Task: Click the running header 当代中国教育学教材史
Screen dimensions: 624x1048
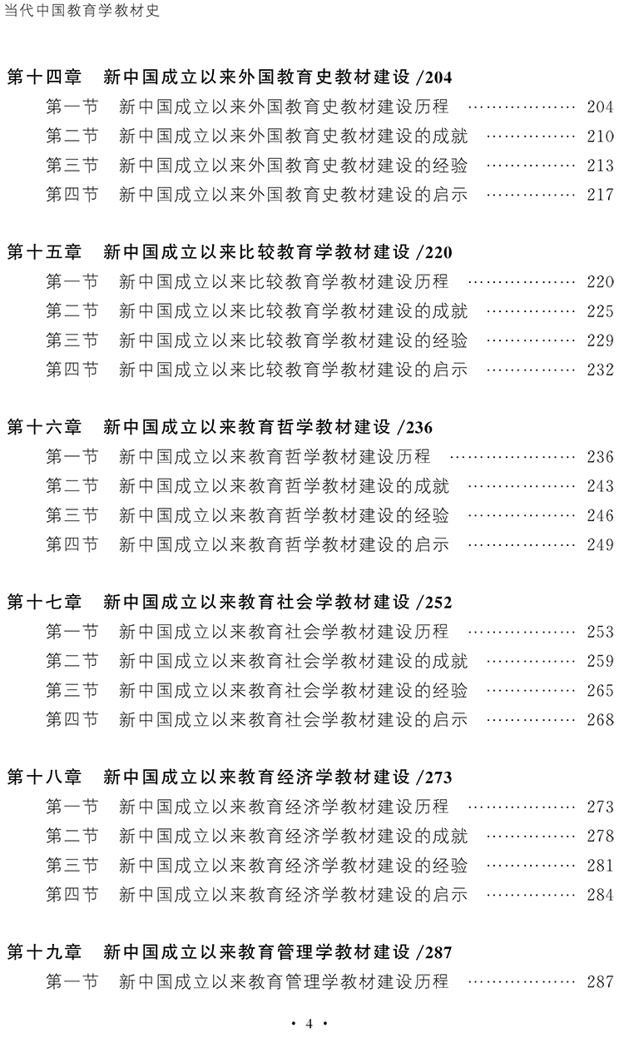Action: [82, 12]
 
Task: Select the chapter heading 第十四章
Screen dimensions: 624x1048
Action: [44, 78]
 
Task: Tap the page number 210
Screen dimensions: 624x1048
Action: [600, 137]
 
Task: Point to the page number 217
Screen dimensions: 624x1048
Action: [600, 195]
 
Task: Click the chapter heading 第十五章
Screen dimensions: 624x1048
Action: [44, 253]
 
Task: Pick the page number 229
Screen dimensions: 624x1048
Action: [600, 340]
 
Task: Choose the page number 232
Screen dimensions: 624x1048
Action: [600, 370]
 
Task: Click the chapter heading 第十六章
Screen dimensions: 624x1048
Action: [44, 428]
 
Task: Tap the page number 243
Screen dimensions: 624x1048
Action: [600, 486]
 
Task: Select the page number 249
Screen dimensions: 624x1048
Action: [600, 544]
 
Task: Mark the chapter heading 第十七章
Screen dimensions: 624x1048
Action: [44, 603]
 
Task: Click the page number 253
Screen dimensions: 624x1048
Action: [600, 632]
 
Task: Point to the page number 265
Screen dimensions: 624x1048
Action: [600, 690]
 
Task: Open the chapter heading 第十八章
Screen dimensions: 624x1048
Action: [44, 777]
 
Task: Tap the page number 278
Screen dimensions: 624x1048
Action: [600, 836]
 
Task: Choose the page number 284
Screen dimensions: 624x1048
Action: [600, 894]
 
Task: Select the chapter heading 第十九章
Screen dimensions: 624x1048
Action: [44, 952]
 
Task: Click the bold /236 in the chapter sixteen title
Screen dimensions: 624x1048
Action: [415, 429]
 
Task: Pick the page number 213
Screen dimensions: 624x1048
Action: [600, 166]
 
